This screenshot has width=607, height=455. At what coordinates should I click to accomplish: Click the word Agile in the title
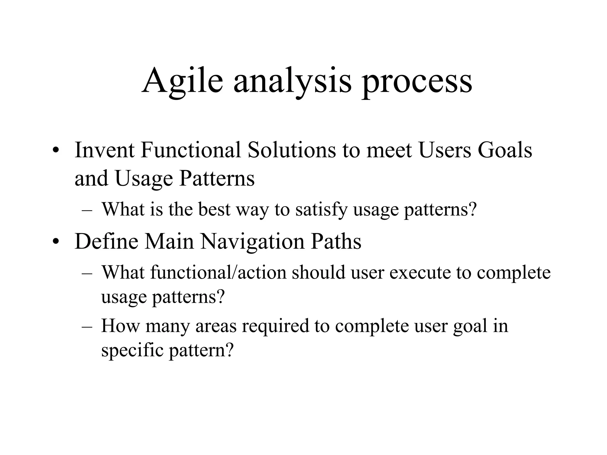click(x=182, y=81)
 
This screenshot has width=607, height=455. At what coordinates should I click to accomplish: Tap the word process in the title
click(x=417, y=83)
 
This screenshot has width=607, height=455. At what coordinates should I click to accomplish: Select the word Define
click(x=106, y=241)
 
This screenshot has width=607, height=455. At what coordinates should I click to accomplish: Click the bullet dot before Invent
click(x=55, y=150)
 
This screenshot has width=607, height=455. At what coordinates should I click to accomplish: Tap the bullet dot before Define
click(x=55, y=241)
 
